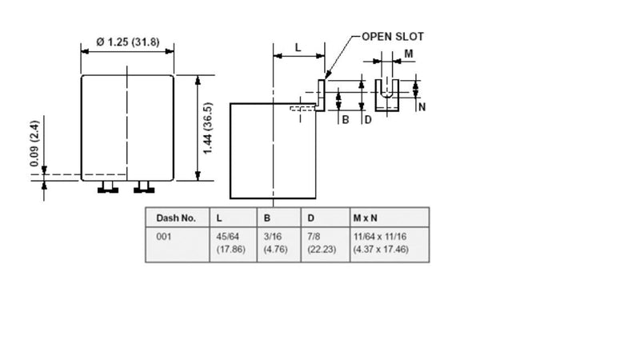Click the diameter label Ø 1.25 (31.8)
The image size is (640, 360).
tap(128, 42)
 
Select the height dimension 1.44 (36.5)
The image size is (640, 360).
tap(208, 128)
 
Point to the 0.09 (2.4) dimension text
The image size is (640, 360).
tap(34, 143)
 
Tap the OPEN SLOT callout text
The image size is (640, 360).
tap(393, 37)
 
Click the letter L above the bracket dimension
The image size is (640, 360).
tap(298, 48)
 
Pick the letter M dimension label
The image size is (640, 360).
tap(409, 54)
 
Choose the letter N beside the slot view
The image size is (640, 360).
tap(422, 107)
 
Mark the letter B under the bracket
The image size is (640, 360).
tap(346, 120)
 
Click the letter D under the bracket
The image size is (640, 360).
tap(368, 120)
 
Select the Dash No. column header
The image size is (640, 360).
tap(176, 218)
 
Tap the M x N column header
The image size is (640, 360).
tap(365, 218)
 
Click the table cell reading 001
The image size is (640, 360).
tap(164, 237)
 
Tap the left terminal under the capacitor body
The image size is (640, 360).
tap(108, 187)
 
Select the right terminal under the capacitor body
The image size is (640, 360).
tap(144, 187)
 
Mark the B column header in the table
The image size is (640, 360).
tap(267, 218)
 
